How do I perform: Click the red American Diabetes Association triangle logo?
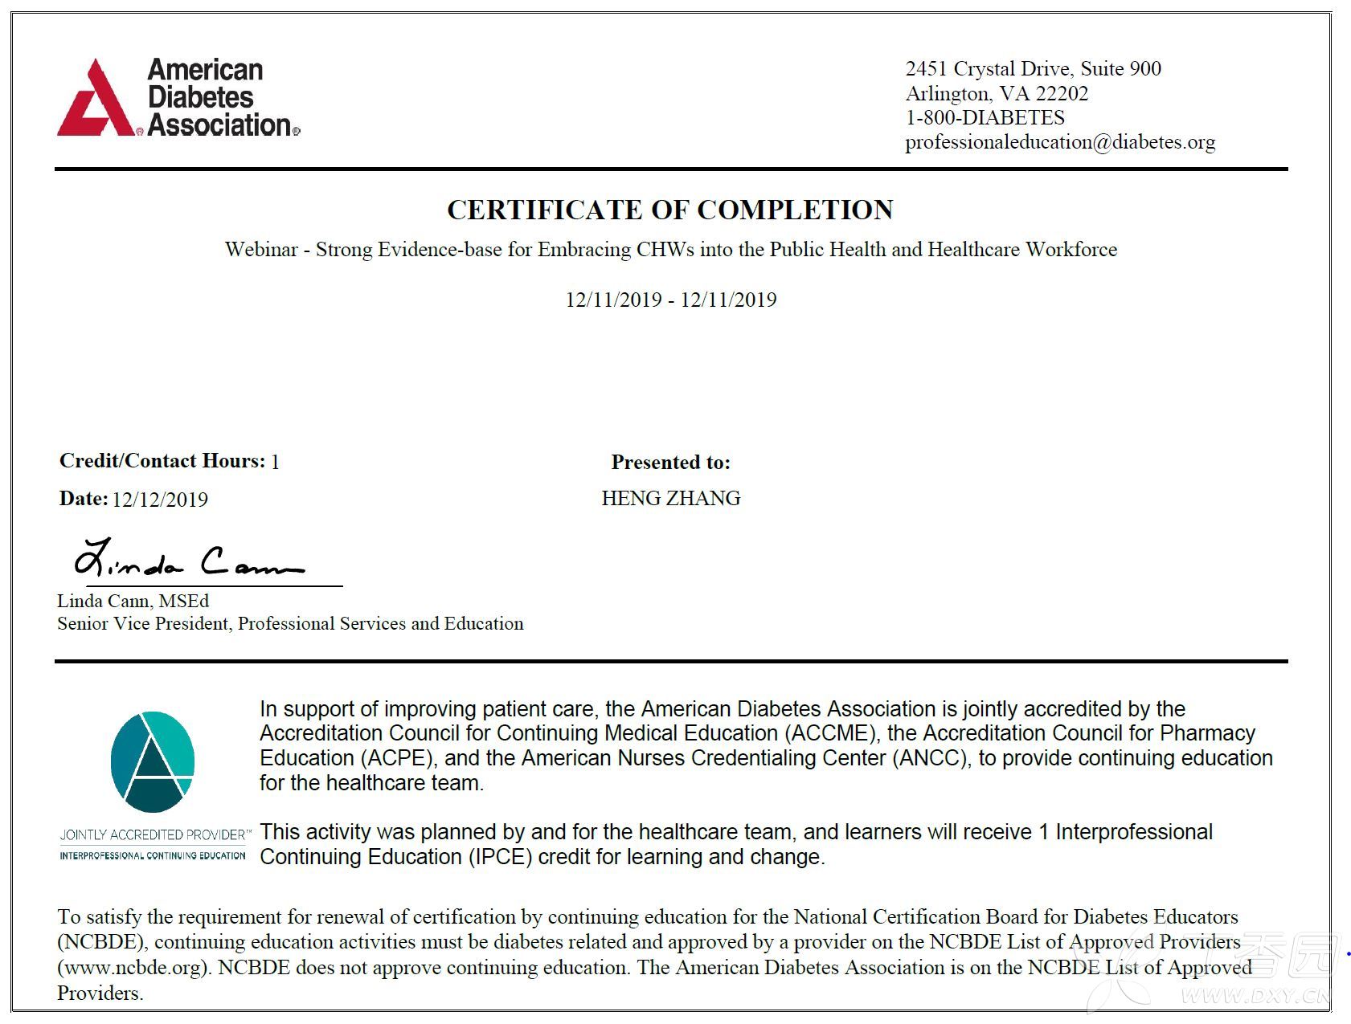[x=95, y=100]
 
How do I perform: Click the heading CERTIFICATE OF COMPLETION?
[x=669, y=210]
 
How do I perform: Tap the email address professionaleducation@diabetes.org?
[x=1059, y=142]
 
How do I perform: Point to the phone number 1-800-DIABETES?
[x=985, y=118]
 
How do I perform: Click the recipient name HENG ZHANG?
[x=670, y=499]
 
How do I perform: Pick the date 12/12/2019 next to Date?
[x=160, y=500]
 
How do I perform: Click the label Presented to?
[x=670, y=463]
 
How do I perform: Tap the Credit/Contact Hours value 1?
[x=275, y=462]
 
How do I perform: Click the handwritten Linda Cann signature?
[x=189, y=561]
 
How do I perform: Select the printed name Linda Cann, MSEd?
[x=133, y=601]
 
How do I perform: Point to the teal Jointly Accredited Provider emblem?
[x=152, y=761]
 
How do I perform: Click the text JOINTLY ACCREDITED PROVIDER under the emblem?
[x=153, y=834]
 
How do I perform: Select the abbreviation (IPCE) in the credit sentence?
[x=500, y=857]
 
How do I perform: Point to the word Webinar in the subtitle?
[x=261, y=250]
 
